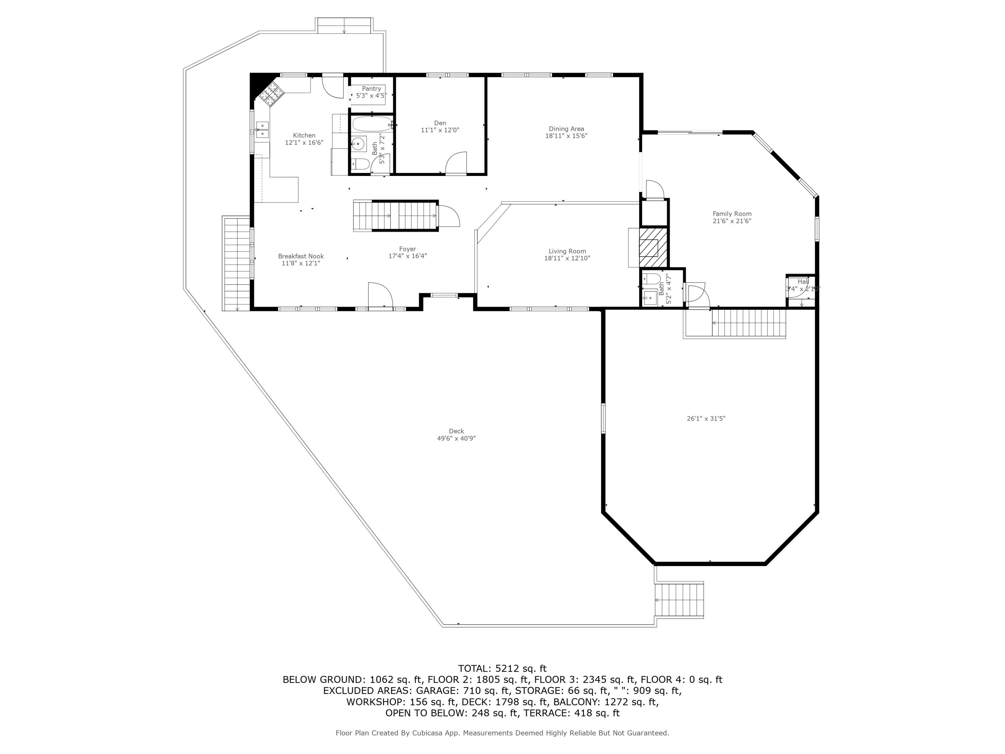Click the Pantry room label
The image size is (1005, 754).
pos(371,88)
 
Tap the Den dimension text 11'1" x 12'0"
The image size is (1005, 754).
pos(440,130)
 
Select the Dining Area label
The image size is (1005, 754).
pos(566,129)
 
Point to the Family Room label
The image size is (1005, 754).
pos(732,213)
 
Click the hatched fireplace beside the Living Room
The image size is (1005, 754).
pos(653,247)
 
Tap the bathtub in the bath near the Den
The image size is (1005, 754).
pos(372,124)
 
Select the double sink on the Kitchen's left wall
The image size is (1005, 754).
pos(262,130)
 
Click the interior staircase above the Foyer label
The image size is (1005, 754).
pos(395,216)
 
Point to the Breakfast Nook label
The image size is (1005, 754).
pos(301,256)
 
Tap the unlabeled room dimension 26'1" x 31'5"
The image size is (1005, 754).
pos(706,419)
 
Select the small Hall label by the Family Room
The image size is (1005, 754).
pos(803,282)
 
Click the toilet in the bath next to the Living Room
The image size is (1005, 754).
pos(651,278)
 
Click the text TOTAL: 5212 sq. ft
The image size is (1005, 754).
pos(502,669)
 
